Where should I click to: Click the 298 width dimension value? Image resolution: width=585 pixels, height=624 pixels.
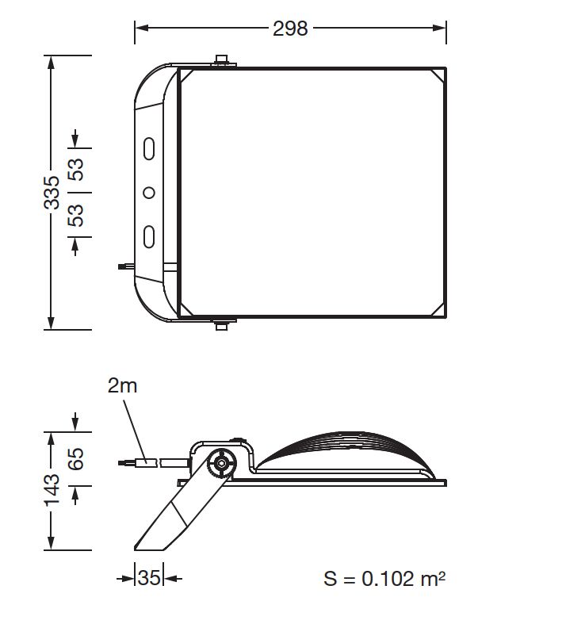[290, 29]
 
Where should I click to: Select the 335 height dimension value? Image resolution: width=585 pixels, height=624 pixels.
[52, 192]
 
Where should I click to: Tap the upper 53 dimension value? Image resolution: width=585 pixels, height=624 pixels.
[76, 170]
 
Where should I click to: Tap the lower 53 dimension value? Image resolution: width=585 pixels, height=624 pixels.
[76, 215]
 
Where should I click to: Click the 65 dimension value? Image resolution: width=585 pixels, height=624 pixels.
[76, 459]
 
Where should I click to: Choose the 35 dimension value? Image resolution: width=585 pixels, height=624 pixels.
[149, 577]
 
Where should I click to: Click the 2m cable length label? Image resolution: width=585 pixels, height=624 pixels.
[123, 386]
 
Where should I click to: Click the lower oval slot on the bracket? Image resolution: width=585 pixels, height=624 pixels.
[148, 236]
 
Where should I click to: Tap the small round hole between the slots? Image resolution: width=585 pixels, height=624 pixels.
[148, 192]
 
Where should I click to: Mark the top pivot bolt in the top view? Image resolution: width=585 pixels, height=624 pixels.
[222, 61]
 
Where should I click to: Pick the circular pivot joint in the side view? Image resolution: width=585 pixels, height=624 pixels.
[220, 462]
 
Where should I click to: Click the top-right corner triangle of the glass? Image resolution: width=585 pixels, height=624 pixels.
[436, 77]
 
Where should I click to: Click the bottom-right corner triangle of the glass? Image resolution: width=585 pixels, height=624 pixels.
[436, 308]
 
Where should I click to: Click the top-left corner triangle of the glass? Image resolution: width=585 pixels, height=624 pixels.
[187, 77]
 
